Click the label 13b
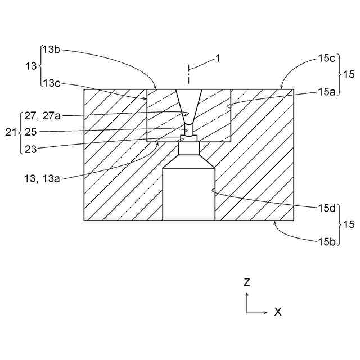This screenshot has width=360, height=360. pyautogui.click(x=51, y=49)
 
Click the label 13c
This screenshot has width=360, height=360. pyautogui.click(x=51, y=83)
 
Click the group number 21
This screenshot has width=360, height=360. pyautogui.click(x=10, y=132)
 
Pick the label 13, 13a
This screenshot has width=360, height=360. pyautogui.click(x=43, y=178)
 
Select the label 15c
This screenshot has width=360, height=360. pyautogui.click(x=327, y=57)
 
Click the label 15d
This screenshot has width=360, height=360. pyautogui.click(x=327, y=207)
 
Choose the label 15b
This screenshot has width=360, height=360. pyautogui.click(x=327, y=241)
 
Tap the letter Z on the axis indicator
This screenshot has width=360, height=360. pyautogui.click(x=246, y=283)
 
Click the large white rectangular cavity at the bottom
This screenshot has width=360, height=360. pyautogui.click(x=188, y=194)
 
